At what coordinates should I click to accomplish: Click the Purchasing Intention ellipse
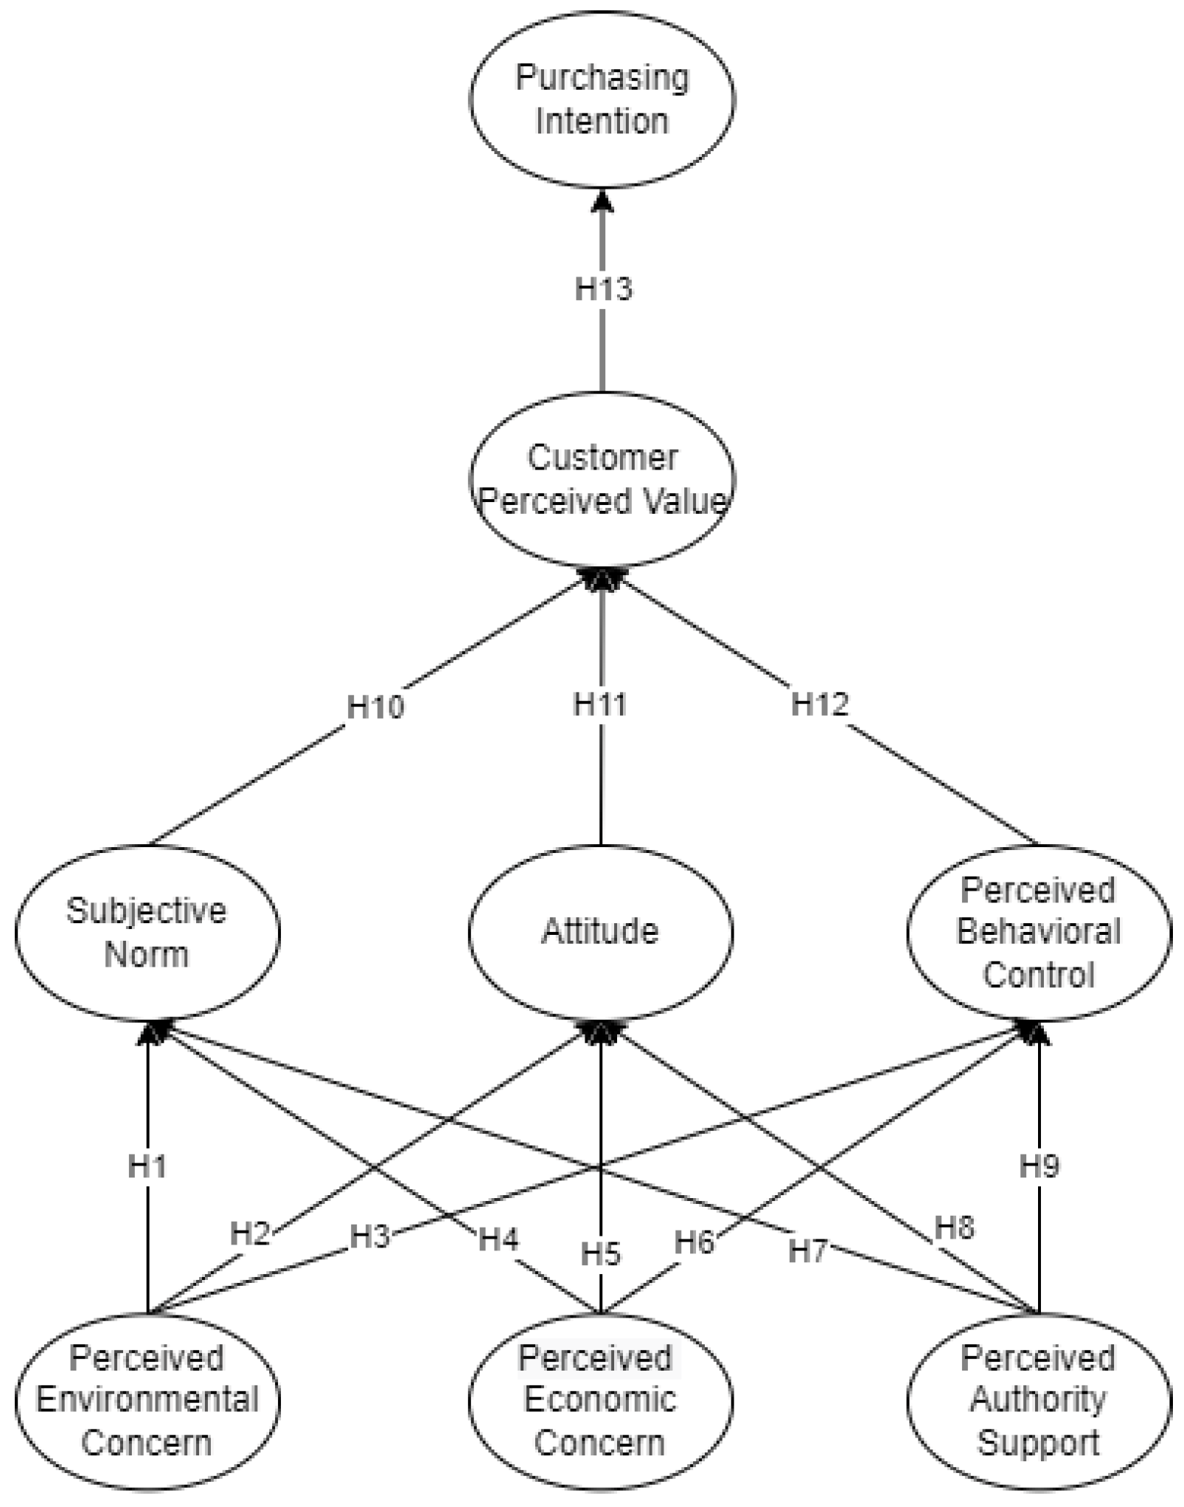(x=602, y=100)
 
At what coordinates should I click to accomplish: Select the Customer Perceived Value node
(x=602, y=480)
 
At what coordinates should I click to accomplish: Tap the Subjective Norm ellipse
(x=147, y=933)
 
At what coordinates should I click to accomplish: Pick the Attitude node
(x=601, y=932)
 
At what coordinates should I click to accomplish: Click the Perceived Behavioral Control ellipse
(x=1039, y=933)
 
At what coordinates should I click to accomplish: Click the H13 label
(x=603, y=289)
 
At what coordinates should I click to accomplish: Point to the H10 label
(x=376, y=707)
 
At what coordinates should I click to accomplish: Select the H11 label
(x=600, y=704)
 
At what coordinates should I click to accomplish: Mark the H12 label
(x=820, y=704)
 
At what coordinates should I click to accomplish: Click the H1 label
(x=147, y=1167)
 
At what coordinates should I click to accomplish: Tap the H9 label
(x=1040, y=1166)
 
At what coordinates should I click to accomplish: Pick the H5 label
(x=601, y=1254)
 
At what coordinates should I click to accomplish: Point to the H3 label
(x=369, y=1236)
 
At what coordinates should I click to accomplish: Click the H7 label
(x=808, y=1251)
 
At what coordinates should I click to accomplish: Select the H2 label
(x=250, y=1233)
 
